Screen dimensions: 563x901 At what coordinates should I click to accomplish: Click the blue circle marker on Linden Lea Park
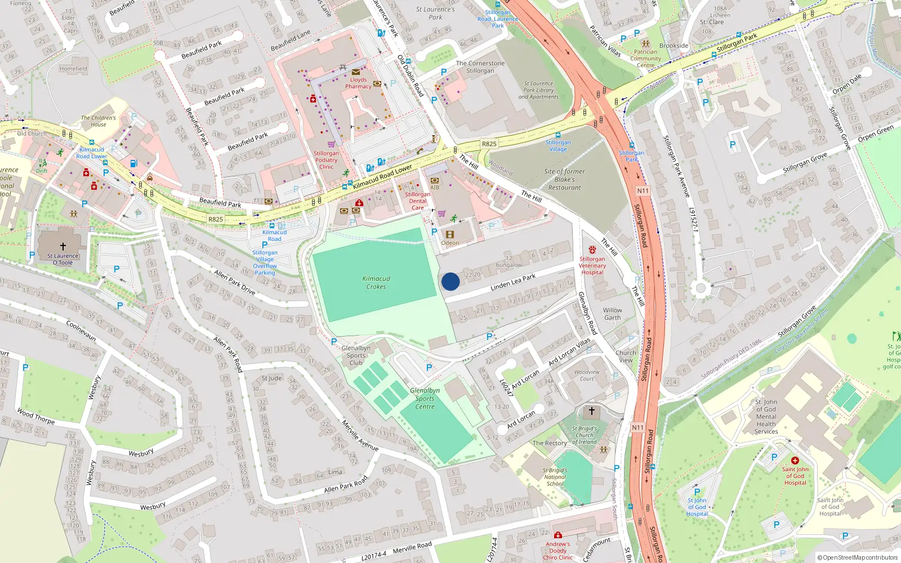pos(450,281)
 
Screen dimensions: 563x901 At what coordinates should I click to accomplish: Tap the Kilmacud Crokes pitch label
pos(376,283)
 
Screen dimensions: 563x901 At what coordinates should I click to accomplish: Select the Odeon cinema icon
pos(449,234)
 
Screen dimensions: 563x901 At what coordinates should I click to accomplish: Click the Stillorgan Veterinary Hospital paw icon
pos(592,249)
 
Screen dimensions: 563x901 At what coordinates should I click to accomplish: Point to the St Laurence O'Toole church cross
pos(63,247)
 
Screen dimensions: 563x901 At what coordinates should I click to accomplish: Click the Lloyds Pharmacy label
pos(358,83)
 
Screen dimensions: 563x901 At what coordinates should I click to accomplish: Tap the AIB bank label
pos(435,187)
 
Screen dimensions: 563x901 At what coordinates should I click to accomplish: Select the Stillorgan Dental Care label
pos(417,201)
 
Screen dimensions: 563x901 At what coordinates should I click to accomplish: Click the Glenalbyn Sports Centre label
pos(425,398)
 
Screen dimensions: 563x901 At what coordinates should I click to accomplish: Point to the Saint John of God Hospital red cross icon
pos(795,461)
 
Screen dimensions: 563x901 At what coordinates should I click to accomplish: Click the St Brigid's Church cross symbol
pos(591,412)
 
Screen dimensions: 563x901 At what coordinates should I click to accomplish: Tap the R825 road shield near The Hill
pos(489,144)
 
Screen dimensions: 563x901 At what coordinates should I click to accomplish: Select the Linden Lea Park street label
pos(513,283)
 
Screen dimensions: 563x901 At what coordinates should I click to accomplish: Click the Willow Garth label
pos(613,314)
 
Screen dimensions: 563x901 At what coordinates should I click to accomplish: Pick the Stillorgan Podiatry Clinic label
pos(327,160)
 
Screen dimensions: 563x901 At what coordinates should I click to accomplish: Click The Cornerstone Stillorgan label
pos(480,67)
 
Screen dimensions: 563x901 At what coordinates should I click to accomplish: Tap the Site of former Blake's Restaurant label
pos(564,180)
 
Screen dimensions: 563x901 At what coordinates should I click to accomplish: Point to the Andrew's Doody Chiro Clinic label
pos(557,551)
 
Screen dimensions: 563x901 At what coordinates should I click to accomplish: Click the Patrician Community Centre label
pos(646,59)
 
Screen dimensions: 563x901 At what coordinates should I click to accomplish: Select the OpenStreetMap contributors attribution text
pos(858,558)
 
